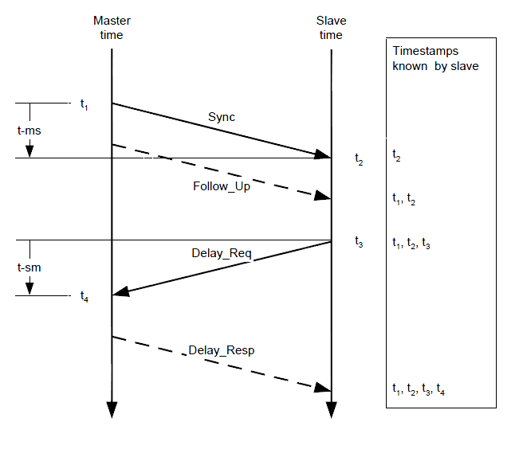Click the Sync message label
tap(222, 117)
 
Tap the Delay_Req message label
tap(222, 254)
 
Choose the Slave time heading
tap(330, 28)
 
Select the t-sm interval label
tap(30, 267)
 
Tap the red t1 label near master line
tap(85, 104)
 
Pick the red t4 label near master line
tap(85, 297)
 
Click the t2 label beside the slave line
tap(359, 159)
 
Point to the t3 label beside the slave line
tap(359, 242)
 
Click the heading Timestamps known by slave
tap(435, 59)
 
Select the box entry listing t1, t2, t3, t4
tap(419, 389)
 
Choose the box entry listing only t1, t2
tap(403, 201)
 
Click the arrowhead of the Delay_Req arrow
tap(120, 293)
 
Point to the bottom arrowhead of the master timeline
tap(112, 409)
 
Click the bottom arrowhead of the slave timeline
tap(331, 409)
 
